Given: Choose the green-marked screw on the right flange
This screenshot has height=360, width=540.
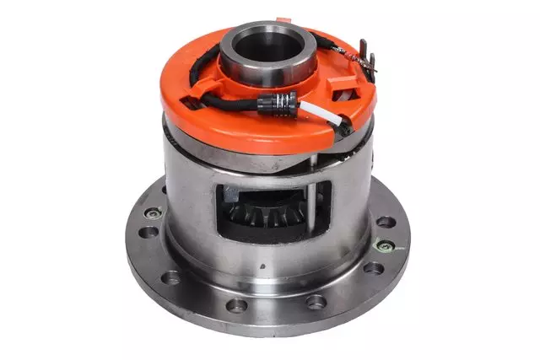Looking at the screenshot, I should (x=386, y=246).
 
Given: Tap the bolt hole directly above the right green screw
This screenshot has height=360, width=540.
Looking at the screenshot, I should (x=386, y=223).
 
